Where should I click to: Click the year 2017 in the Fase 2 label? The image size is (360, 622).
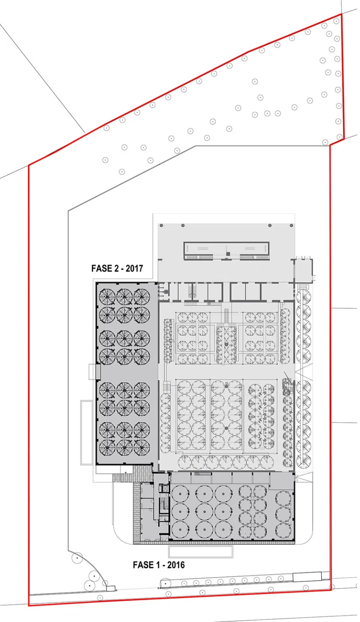[134, 268]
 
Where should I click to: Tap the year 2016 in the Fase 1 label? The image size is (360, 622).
[176, 565]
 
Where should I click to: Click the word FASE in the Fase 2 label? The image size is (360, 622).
[101, 268]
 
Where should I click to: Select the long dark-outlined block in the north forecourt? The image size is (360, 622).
[226, 251]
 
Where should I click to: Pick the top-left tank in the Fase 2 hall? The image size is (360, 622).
[107, 297]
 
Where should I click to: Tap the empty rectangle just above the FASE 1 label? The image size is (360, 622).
[201, 551]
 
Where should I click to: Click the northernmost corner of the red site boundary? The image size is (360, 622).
[341, 14]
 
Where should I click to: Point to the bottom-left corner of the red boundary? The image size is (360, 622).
[29, 605]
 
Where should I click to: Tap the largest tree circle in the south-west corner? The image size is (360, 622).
[77, 559]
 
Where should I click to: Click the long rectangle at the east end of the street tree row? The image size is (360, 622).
[307, 577]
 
